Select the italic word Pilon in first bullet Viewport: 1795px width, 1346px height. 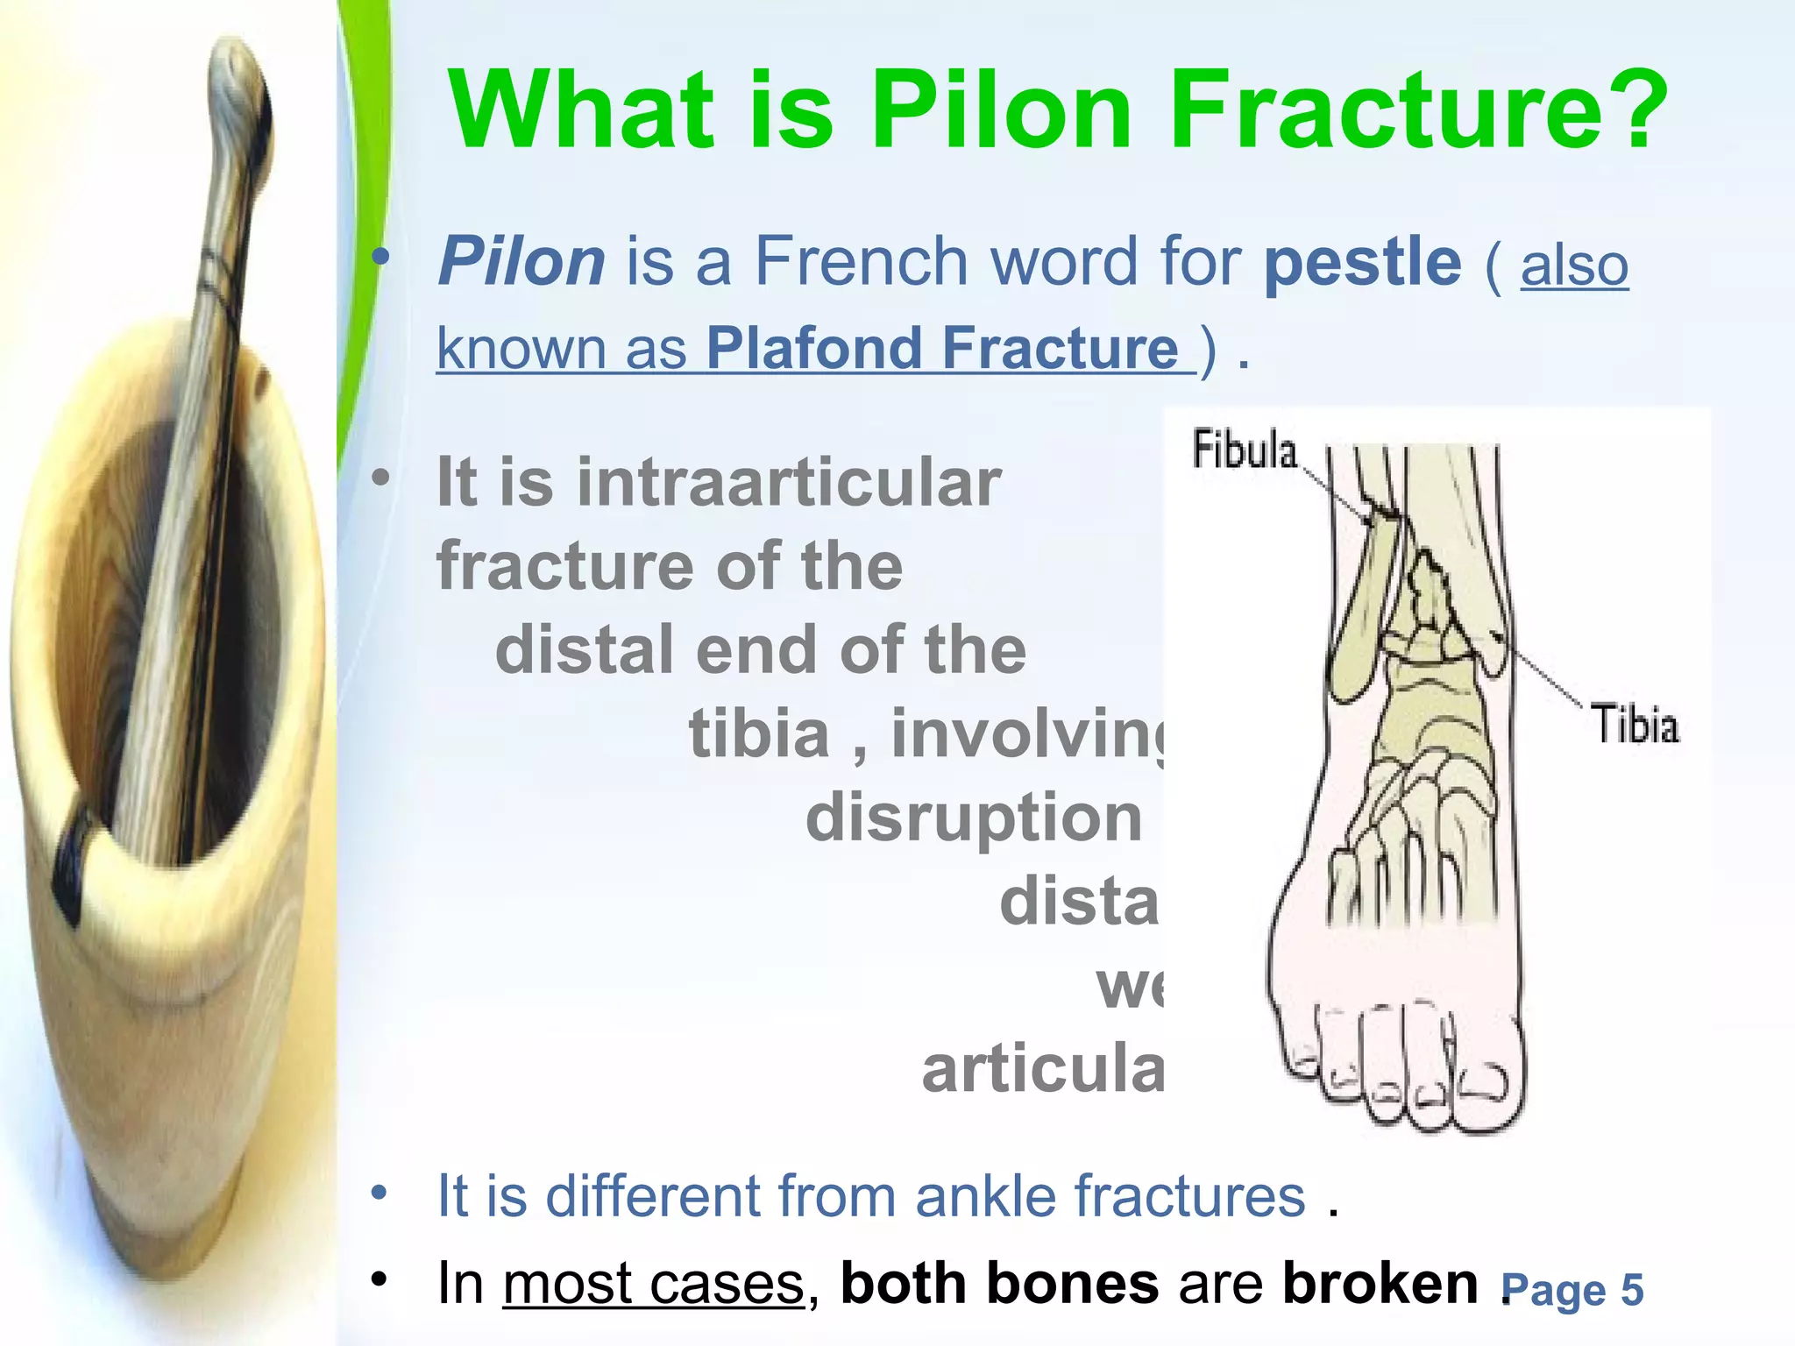point(521,261)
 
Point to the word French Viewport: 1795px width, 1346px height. point(861,261)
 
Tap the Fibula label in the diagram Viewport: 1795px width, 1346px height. point(1244,450)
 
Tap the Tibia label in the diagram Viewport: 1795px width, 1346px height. point(1635,726)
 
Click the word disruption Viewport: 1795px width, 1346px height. point(973,818)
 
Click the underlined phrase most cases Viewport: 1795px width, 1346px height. point(653,1284)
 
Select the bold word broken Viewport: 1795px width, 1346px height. point(1380,1283)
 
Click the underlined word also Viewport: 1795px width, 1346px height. point(1574,265)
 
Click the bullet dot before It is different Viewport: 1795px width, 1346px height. point(379,1193)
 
